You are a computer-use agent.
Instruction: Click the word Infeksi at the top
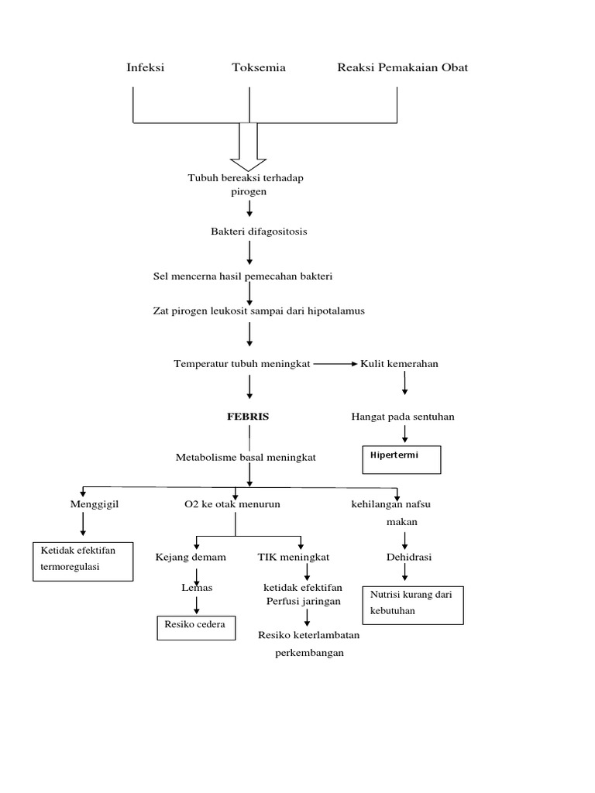(146, 67)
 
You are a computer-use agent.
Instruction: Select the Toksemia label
(259, 67)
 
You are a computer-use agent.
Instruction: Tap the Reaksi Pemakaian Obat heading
(402, 67)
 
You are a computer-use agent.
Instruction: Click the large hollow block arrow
(249, 146)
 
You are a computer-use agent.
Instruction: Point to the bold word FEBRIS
(248, 417)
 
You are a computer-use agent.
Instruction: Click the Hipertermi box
(401, 459)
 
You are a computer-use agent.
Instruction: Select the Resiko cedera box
(196, 627)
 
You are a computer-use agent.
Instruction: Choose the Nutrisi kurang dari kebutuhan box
(413, 604)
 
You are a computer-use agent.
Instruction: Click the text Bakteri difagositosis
(253, 232)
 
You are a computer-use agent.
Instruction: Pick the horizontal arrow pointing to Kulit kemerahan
(335, 364)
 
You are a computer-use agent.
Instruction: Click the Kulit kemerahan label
(400, 364)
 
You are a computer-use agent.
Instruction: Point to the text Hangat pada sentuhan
(403, 417)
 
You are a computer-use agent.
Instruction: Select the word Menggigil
(95, 504)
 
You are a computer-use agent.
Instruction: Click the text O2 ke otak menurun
(232, 504)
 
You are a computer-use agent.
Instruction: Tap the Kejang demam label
(191, 557)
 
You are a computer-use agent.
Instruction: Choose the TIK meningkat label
(294, 557)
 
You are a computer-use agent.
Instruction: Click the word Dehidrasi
(409, 557)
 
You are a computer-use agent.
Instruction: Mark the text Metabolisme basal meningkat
(246, 458)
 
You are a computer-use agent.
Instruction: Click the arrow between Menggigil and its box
(83, 524)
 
